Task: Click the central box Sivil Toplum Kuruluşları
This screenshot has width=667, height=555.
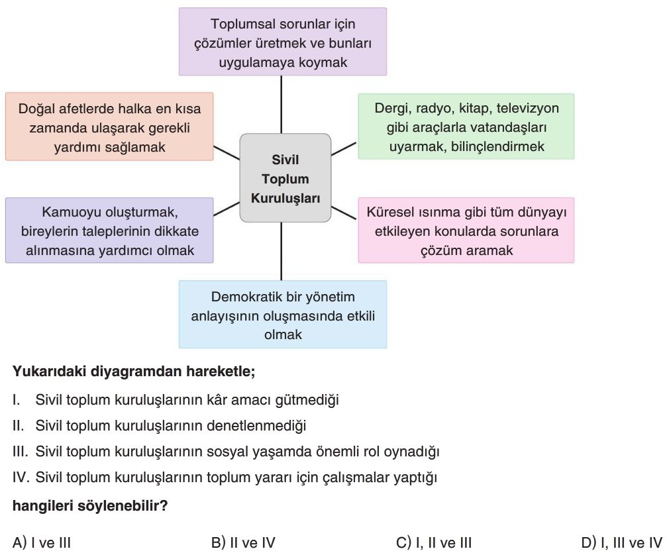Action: [285, 177]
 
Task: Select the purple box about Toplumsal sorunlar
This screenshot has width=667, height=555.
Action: [282, 42]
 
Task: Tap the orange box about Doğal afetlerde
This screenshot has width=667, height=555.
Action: [109, 126]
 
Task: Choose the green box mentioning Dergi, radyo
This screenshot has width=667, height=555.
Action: [466, 126]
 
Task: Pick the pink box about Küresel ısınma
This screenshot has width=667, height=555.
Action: [466, 230]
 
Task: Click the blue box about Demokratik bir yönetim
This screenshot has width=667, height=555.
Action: [282, 315]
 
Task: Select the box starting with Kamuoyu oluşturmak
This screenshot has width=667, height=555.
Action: [109, 230]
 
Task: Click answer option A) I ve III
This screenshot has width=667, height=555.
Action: [42, 542]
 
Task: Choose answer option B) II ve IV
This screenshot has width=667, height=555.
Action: [243, 542]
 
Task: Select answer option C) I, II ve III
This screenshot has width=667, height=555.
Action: [434, 542]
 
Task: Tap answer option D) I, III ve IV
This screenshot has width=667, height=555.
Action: [622, 542]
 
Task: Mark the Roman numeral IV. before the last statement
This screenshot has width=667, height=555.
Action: [21, 477]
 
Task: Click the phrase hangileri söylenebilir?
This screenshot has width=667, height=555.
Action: [90, 506]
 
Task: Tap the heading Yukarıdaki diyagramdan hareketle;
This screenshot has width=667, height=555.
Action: [134, 372]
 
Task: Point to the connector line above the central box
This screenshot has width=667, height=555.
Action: [282, 105]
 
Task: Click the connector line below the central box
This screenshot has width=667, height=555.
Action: [282, 251]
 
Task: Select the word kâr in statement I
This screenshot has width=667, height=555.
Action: [217, 400]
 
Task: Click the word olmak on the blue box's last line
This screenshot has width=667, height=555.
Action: [283, 334]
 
